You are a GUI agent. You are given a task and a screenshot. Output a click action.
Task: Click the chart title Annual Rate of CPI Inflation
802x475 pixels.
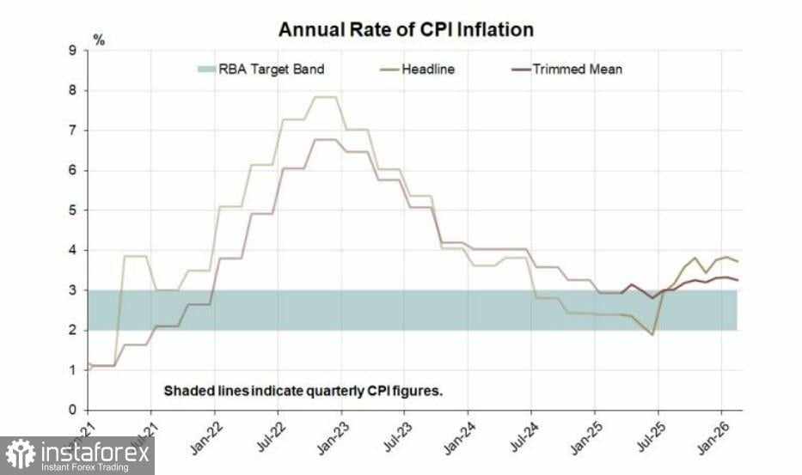click(406, 29)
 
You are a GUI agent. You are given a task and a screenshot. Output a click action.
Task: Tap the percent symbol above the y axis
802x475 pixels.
click(99, 40)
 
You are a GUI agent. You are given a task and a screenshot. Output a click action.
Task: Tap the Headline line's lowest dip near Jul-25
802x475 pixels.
click(652, 334)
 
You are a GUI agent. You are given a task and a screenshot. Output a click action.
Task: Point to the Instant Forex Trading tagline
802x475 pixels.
click(85, 466)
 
